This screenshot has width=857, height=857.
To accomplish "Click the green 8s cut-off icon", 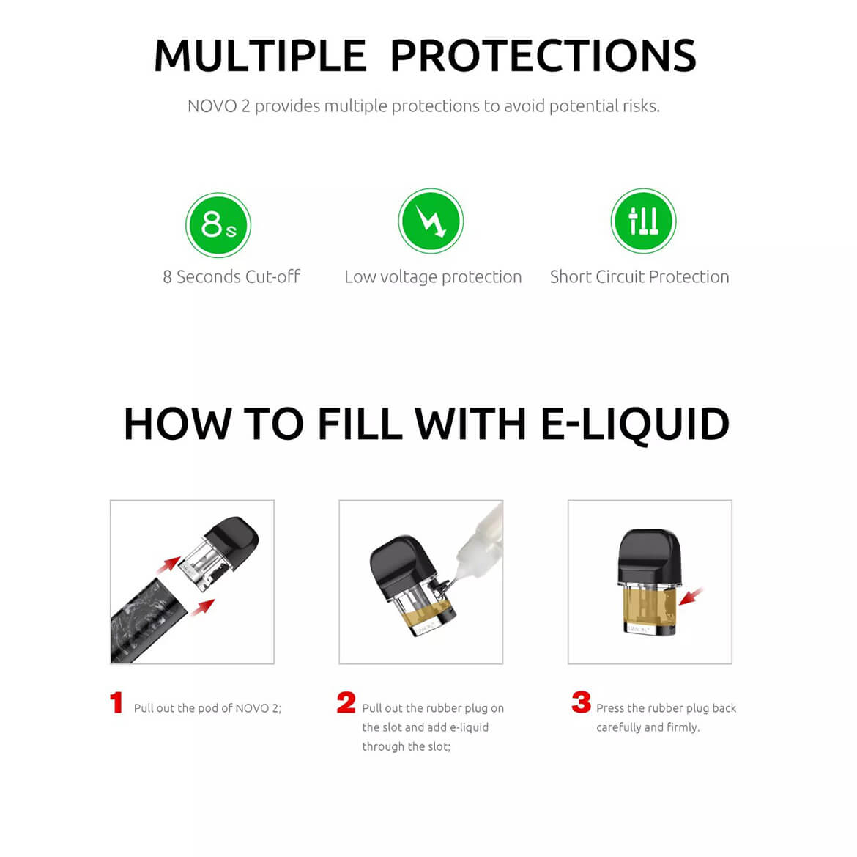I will point(218,224).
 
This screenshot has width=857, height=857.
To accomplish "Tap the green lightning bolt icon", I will point(431,221).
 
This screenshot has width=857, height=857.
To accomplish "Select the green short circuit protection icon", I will point(643,221).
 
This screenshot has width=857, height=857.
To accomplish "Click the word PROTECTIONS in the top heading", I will point(543,56).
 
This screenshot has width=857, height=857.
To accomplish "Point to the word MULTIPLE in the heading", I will point(260,56).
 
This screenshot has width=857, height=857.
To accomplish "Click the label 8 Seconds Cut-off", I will point(231,277).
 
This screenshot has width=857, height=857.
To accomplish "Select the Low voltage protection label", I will point(433,277).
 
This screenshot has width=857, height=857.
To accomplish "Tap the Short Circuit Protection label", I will point(639,277).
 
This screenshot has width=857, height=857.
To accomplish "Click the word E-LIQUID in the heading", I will point(635,424).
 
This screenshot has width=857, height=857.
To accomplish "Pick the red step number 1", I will point(116,702).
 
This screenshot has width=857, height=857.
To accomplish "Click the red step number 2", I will point(346,702).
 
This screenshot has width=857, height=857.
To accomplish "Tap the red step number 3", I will point(581,702).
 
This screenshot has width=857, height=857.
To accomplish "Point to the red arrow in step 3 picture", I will point(691,595).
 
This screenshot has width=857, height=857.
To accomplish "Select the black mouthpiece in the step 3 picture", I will point(649,556).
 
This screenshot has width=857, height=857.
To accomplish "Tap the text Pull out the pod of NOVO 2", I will point(207,708).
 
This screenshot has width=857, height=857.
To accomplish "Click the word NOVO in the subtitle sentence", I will point(212,106).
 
